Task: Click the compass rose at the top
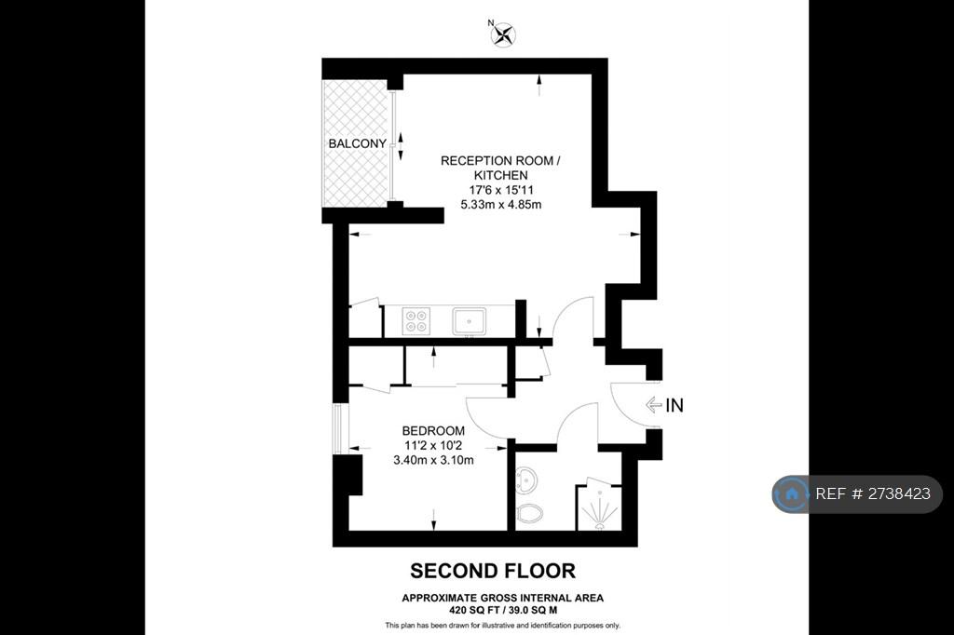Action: point(503,35)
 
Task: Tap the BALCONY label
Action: point(357,143)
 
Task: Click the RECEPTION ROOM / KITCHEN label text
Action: point(500,168)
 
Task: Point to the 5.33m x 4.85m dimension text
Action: point(500,204)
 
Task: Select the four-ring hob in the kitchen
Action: point(416,321)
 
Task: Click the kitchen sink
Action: point(470,321)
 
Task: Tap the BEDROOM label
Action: point(433,431)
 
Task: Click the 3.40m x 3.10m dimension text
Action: point(433,461)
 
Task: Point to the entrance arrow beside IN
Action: point(653,404)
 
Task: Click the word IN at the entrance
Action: point(675,405)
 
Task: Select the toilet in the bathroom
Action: point(529,515)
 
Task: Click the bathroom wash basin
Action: point(526,480)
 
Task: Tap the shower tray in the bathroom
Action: point(599,507)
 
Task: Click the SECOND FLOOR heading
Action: point(493,571)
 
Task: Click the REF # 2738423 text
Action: point(872,493)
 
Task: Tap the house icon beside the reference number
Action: point(792,493)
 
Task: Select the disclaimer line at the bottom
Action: point(502,626)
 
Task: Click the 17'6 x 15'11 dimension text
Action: point(500,190)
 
